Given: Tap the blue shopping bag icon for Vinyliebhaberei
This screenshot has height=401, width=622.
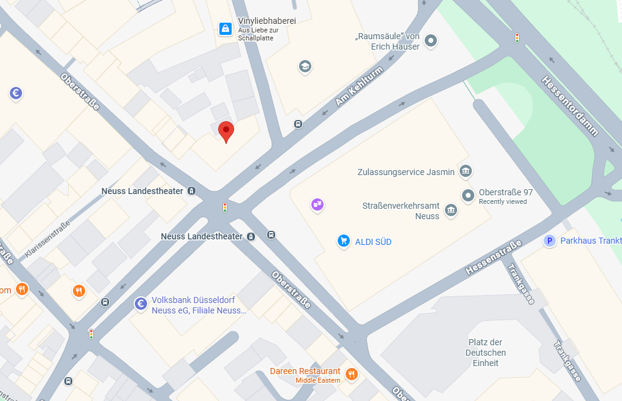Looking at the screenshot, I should pos(226,28).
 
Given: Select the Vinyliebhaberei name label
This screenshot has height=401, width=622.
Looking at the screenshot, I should pos(267,21).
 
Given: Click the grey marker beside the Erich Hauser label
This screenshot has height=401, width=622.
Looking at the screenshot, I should pos(431,42).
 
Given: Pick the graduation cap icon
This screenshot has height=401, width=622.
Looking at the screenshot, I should pos(305,66).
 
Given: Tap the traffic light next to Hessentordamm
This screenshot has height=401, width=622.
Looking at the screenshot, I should pos(517,38).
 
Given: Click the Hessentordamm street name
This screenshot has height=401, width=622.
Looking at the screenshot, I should pos(570,105).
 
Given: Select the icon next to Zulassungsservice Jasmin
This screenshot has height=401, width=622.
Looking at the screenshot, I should pos(466,171).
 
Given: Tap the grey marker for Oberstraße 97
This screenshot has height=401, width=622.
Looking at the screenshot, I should pos(468,196).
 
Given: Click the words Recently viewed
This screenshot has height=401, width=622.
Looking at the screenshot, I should pos(503,202).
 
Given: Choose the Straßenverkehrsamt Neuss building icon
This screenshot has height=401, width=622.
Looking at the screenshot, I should pos(452,211).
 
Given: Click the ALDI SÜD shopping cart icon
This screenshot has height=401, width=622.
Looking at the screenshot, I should pos(344,241).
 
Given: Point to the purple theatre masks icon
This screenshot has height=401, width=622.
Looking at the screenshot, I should pos(317,204).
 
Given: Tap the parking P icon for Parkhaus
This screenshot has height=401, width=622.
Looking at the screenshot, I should pos(550,241).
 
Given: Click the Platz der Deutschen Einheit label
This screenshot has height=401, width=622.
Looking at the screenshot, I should pos(485,353).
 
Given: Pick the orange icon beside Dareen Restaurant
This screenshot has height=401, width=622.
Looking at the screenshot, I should pos(351,373).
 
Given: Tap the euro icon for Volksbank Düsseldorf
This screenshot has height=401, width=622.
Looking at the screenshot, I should pos(141,304).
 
